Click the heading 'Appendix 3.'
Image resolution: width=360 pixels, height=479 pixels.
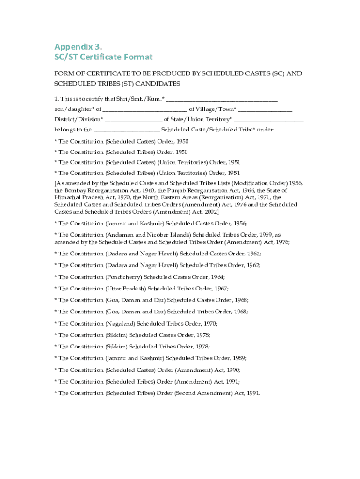[78, 46]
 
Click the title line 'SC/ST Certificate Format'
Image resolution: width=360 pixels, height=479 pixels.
[103, 57]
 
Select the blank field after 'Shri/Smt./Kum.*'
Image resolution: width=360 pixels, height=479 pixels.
[222, 99]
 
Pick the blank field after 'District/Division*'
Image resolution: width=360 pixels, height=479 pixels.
[133, 119]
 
